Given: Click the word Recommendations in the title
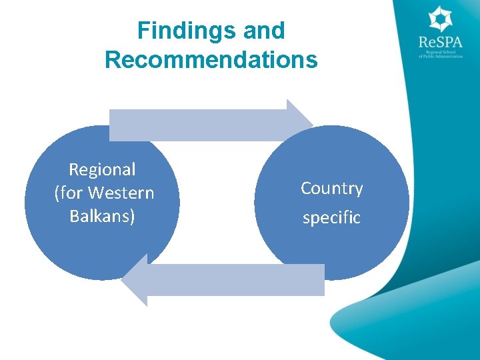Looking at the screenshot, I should [x=211, y=60].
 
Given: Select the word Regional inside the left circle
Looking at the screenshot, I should [x=102, y=170].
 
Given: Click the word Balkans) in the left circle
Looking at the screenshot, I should [x=102, y=217].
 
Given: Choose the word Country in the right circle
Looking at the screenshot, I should [x=331, y=189].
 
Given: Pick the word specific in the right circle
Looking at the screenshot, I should [x=331, y=217].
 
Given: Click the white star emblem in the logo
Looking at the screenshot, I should [x=440, y=19].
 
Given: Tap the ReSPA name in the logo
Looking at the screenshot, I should [x=440, y=43].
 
